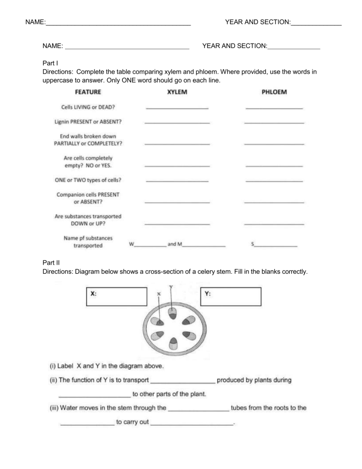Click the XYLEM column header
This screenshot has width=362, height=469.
coord(177,92)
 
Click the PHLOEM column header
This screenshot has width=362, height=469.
coord(274,92)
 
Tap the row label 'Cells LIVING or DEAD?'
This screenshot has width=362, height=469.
coord(89,107)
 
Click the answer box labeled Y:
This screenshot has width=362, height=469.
coord(231,296)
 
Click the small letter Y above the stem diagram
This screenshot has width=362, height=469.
coord(170,286)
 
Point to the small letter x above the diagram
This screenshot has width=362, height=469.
coord(159,293)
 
